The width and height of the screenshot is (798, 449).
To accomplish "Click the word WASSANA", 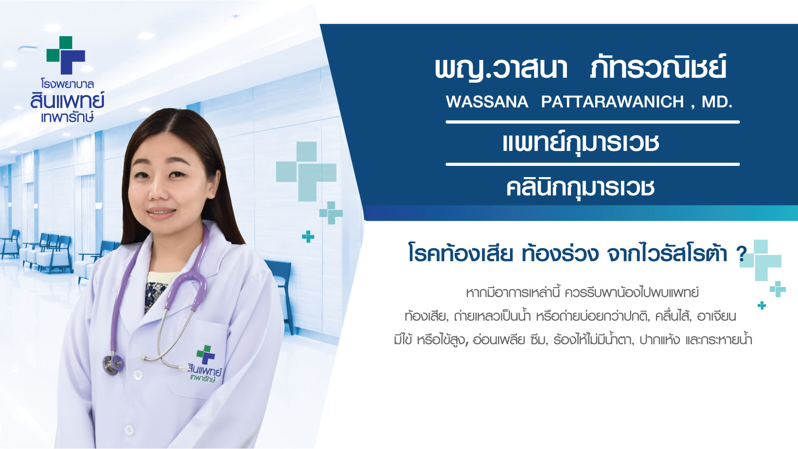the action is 487,102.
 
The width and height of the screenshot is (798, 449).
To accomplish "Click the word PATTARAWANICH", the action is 612,102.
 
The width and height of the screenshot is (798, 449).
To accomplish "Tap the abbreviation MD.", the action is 717,102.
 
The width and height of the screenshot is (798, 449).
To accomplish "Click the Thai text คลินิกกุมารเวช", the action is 581,187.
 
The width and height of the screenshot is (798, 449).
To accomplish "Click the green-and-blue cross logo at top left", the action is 66,55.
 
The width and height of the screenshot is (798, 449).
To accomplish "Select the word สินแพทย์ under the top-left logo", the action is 67,101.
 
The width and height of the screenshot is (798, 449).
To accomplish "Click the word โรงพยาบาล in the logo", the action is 67,84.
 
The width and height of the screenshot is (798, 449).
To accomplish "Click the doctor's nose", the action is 159,191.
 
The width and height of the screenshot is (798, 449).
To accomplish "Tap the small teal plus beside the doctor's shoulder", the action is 308,237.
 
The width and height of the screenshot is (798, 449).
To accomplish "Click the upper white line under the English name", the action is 593,122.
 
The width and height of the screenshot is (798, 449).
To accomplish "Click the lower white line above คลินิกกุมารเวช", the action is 593,165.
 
